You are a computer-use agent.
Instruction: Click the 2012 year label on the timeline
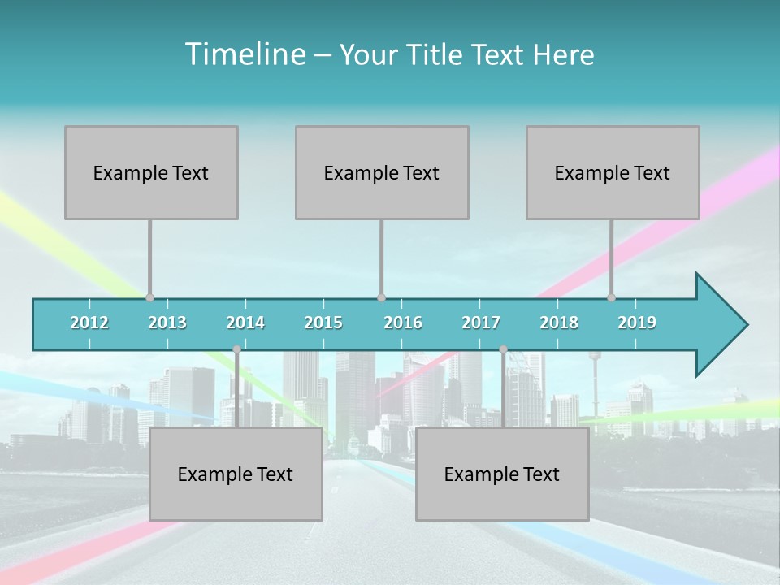[x=89, y=323]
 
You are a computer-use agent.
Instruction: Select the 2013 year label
[x=167, y=323]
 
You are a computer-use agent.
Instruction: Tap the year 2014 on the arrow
[x=245, y=323]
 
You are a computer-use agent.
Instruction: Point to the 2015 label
[x=323, y=323]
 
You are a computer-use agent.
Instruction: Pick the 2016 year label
[x=403, y=323]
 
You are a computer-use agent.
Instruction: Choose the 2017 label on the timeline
[x=481, y=323]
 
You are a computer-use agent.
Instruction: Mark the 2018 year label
[x=559, y=323]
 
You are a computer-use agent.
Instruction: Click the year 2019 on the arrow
[x=637, y=323]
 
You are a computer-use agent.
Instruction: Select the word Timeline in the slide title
[x=244, y=54]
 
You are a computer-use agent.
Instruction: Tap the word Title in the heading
[x=436, y=54]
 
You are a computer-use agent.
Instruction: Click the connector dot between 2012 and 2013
[x=149, y=297]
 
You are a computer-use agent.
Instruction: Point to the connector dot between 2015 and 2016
[x=381, y=297]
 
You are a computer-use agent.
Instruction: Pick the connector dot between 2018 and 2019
[x=612, y=297]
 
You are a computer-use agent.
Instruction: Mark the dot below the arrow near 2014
[x=236, y=349]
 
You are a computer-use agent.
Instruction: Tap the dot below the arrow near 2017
[x=503, y=349]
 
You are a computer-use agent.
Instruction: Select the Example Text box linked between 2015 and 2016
[x=382, y=172]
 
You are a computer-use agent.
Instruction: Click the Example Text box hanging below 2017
[x=502, y=474]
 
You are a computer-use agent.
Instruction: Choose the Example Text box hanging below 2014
[x=236, y=474]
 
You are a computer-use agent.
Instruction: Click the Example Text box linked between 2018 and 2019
[x=613, y=172]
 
